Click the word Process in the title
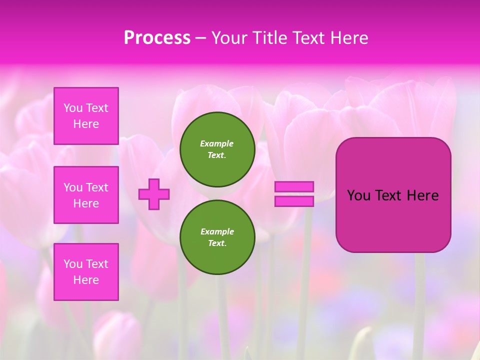(x=157, y=38)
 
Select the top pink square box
(x=86, y=116)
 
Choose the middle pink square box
(x=86, y=195)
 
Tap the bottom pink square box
(x=86, y=272)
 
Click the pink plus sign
(x=154, y=194)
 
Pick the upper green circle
(x=217, y=149)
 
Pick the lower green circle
(x=217, y=237)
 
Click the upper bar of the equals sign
(x=294, y=187)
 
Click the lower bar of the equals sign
(x=294, y=201)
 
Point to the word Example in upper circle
(x=217, y=143)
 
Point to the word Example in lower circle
(x=217, y=231)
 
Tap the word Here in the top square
(x=86, y=124)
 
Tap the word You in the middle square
(x=73, y=187)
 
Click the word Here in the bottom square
(x=86, y=280)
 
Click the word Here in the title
(x=348, y=38)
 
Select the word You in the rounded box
(x=358, y=195)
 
